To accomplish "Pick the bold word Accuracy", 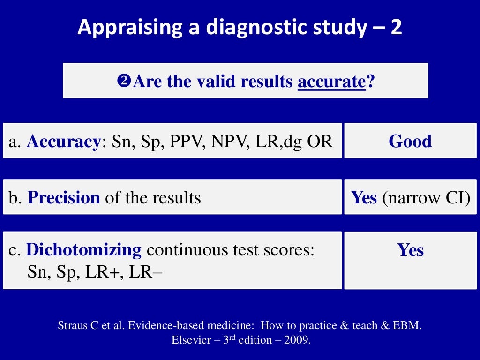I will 63,141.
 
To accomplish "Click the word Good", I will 410,141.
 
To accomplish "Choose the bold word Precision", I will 64,197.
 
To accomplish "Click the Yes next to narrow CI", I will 364,197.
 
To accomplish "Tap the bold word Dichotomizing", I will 84,250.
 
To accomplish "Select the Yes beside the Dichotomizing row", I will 411,250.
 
